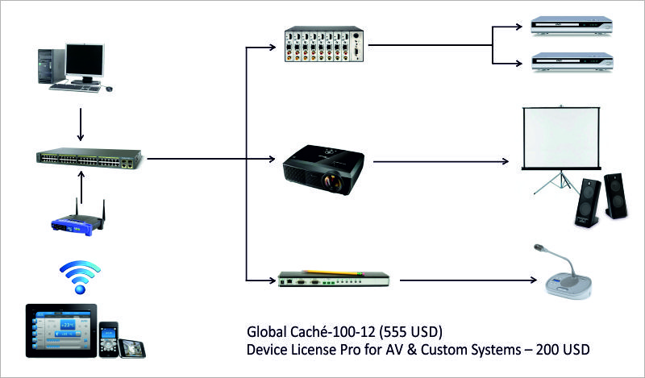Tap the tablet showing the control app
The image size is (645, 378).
point(60,328)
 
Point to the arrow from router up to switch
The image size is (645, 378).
point(81,185)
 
